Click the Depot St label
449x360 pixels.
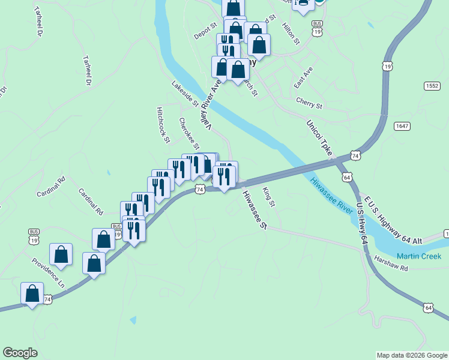click(x=205, y=27)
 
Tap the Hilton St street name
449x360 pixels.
click(x=291, y=33)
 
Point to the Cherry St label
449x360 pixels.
click(x=309, y=103)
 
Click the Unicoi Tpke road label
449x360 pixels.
click(x=319, y=139)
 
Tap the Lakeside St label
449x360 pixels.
click(x=185, y=94)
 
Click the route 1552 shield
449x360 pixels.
click(x=432, y=86)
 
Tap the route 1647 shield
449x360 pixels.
click(x=402, y=126)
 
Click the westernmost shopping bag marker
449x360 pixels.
click(x=32, y=294)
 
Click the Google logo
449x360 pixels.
click(x=20, y=353)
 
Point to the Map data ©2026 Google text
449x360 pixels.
click(x=412, y=355)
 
